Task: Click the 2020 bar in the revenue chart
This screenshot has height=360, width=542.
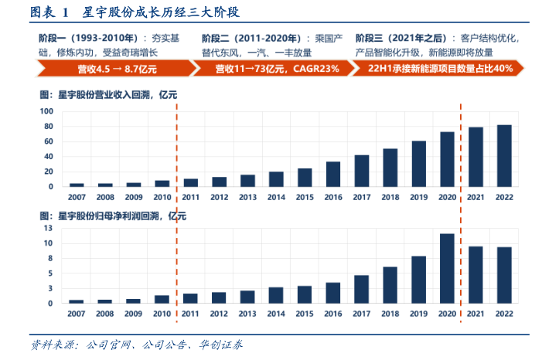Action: pos(447,159)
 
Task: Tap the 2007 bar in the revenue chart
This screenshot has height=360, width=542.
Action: pos(77,185)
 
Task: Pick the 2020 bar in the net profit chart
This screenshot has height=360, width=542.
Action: pos(447,268)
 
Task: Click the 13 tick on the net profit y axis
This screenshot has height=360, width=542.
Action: pos(48,228)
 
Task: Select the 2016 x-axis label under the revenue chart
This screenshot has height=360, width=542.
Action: pos(333,198)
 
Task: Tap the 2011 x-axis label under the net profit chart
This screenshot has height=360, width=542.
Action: pos(191,314)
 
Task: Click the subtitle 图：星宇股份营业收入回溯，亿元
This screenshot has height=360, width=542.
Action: pos(108,95)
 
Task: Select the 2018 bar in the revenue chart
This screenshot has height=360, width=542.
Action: pos(390,168)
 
